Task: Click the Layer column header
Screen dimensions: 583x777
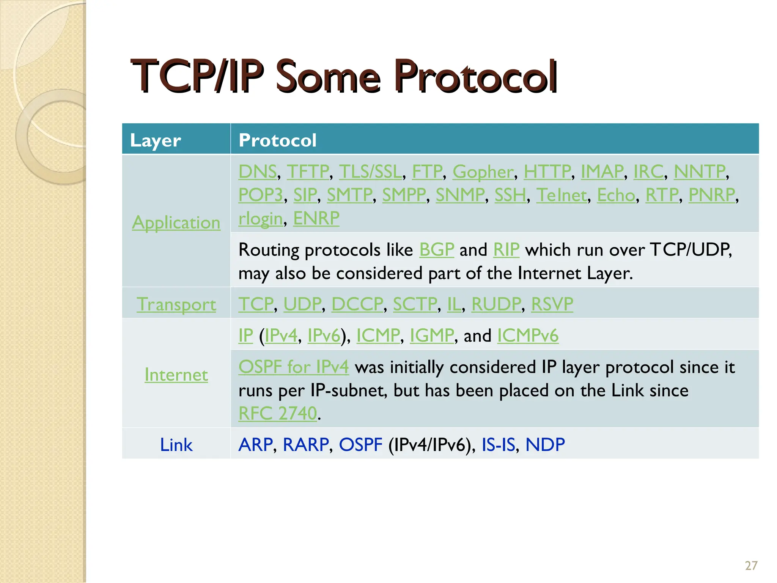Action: point(156,140)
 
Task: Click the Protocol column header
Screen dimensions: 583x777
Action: point(277,140)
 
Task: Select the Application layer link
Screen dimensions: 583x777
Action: point(176,222)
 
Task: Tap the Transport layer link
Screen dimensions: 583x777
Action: point(176,304)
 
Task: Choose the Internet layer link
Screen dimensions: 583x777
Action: point(176,375)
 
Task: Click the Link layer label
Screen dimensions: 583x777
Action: point(176,444)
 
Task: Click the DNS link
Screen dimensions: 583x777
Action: point(258,172)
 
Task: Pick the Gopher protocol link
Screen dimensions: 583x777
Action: point(483,172)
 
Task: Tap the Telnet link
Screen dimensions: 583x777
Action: point(562,195)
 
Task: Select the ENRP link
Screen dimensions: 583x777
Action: point(316,218)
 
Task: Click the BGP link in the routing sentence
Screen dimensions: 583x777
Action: point(436,250)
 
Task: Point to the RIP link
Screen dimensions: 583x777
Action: point(506,250)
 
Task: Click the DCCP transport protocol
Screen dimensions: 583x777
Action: point(357,304)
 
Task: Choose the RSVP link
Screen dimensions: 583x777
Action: point(552,304)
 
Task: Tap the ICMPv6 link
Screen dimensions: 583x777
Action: point(528,336)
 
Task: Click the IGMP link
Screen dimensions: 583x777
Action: point(432,336)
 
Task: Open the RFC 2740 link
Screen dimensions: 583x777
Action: point(278,413)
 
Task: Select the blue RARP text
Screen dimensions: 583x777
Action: point(306,444)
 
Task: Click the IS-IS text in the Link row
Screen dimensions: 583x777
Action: point(498,444)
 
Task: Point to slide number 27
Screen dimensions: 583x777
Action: point(751,566)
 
